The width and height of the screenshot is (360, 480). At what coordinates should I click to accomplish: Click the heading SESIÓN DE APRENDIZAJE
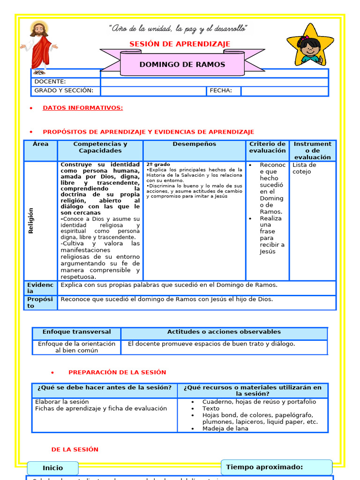(180, 44)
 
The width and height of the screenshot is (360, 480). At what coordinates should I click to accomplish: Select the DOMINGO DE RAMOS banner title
(182, 65)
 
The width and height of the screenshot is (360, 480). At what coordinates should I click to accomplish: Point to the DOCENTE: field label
(50, 82)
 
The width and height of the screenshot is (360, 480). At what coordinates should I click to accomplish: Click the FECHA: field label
(221, 90)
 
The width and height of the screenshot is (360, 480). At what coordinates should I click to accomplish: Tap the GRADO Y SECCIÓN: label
(64, 90)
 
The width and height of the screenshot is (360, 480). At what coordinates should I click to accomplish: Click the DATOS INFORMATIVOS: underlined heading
(82, 108)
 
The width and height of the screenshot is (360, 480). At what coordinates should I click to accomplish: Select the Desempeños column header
(194, 144)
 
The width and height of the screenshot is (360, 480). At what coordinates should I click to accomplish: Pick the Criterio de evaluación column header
(267, 147)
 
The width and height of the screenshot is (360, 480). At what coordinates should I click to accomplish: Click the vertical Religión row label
(31, 221)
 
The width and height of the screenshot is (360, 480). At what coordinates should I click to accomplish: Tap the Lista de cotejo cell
(305, 168)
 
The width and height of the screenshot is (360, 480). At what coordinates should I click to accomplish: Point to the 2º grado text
(158, 165)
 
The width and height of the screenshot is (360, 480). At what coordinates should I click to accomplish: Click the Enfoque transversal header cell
(76, 332)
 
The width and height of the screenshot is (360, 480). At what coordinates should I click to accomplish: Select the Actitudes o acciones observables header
(224, 332)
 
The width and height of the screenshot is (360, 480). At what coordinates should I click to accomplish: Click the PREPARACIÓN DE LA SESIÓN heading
(117, 372)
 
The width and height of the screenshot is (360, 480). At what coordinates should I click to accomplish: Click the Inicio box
(52, 468)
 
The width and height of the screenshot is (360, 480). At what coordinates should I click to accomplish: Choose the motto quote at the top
(178, 29)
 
